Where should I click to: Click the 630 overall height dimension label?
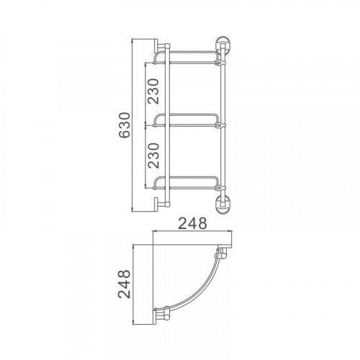pyautogui.click(x=125, y=125)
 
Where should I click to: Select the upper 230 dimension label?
pyautogui.click(x=153, y=91)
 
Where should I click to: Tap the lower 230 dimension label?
pyautogui.click(x=153, y=156)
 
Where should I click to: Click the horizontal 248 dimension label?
pyautogui.click(x=193, y=223)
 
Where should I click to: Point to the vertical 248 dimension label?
pyautogui.click(x=125, y=284)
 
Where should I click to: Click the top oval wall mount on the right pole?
pyautogui.click(x=222, y=45)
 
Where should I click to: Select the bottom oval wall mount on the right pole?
pyautogui.click(x=222, y=205)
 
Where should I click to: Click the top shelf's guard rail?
pyautogui.click(x=186, y=52)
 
